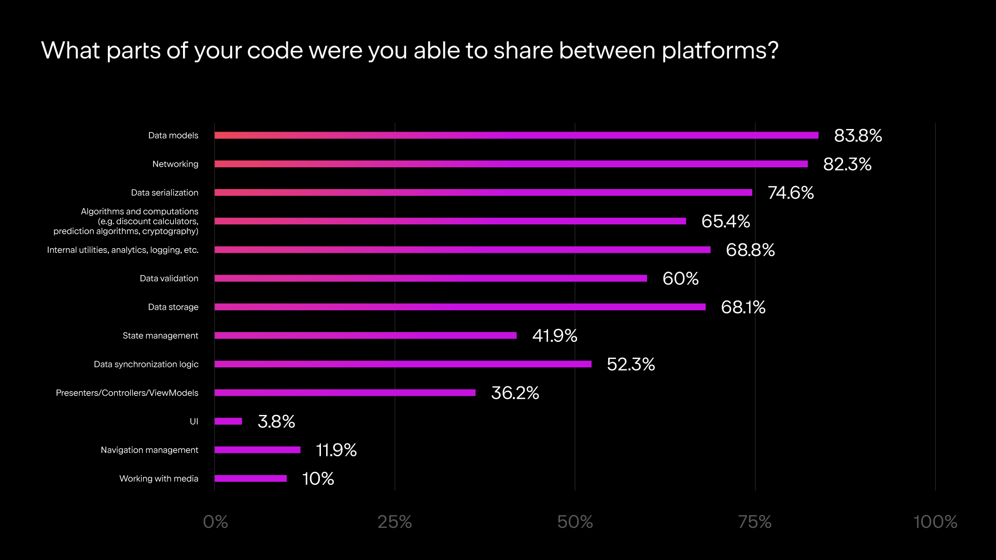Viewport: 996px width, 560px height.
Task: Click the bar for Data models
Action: (516, 135)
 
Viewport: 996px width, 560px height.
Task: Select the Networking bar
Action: (511, 164)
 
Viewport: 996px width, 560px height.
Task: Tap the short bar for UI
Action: (228, 421)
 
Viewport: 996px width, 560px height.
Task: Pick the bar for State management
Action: (366, 336)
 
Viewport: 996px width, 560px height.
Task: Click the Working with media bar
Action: (250, 479)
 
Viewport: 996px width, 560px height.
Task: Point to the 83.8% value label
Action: (858, 136)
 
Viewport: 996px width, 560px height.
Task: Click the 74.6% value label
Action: (791, 193)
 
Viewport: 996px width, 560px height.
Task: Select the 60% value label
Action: (680, 279)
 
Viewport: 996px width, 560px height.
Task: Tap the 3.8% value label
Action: (276, 422)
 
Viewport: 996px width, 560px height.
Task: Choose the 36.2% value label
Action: (515, 393)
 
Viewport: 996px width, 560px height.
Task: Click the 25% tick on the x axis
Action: (395, 522)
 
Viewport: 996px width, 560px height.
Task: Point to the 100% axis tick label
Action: (935, 522)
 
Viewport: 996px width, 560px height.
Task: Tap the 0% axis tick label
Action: (215, 522)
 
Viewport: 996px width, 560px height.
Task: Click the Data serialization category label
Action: (164, 193)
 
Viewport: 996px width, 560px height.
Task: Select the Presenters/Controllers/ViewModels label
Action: (127, 393)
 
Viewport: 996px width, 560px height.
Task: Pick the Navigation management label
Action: (149, 450)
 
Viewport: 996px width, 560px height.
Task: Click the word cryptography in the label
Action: (170, 232)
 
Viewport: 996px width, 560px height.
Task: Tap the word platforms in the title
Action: (720, 51)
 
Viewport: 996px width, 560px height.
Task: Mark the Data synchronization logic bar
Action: (403, 364)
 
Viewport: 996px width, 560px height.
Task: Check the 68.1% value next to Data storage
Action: (743, 307)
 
